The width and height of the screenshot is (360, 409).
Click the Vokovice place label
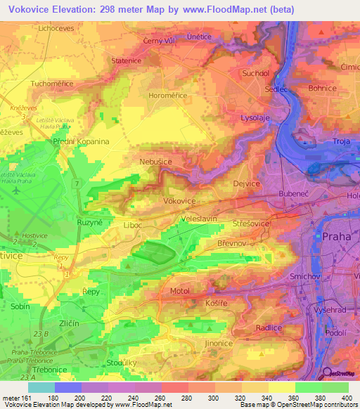tap(179, 200)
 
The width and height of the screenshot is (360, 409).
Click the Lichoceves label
tap(57, 28)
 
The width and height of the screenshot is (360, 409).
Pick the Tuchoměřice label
tap(54, 84)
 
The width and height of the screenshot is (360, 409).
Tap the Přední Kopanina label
tap(82, 141)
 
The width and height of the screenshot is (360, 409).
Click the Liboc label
tap(132, 225)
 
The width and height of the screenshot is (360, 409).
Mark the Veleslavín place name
tap(198, 219)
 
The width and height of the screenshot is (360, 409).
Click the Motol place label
tap(180, 290)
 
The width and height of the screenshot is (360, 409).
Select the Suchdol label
tap(255, 73)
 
